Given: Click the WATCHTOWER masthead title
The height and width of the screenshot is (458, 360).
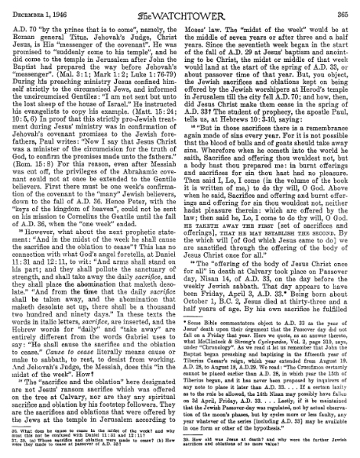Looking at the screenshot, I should pyautogui.click(x=182, y=10).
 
